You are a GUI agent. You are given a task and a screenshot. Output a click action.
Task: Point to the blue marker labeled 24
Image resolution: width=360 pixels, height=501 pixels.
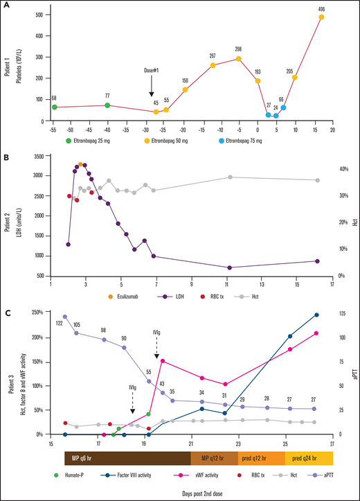tap(276, 116)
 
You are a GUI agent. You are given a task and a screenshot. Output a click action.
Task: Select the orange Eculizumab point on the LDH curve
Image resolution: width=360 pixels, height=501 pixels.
tap(81, 164)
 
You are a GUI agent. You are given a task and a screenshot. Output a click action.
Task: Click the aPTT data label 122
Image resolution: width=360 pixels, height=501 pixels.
tap(59, 323)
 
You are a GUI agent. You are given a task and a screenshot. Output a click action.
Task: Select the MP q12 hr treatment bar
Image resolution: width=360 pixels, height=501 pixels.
tap(214, 458)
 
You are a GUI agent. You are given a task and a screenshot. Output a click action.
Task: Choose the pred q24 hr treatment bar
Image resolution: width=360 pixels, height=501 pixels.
tap(309, 458)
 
